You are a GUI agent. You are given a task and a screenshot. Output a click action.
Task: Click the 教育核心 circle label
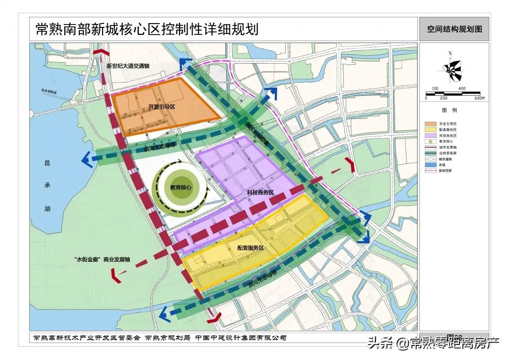point(181,187)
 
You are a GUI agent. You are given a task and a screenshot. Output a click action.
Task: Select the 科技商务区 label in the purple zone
point(260,193)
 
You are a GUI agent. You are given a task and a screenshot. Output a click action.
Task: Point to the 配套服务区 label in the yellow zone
point(250,248)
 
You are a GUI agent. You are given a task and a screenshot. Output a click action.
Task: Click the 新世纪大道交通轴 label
point(127,66)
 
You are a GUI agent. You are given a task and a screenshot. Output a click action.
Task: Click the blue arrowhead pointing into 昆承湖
point(87,160)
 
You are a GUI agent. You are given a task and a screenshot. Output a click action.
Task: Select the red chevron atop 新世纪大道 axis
point(100,52)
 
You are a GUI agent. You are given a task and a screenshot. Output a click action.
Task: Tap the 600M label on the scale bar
point(479,98)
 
